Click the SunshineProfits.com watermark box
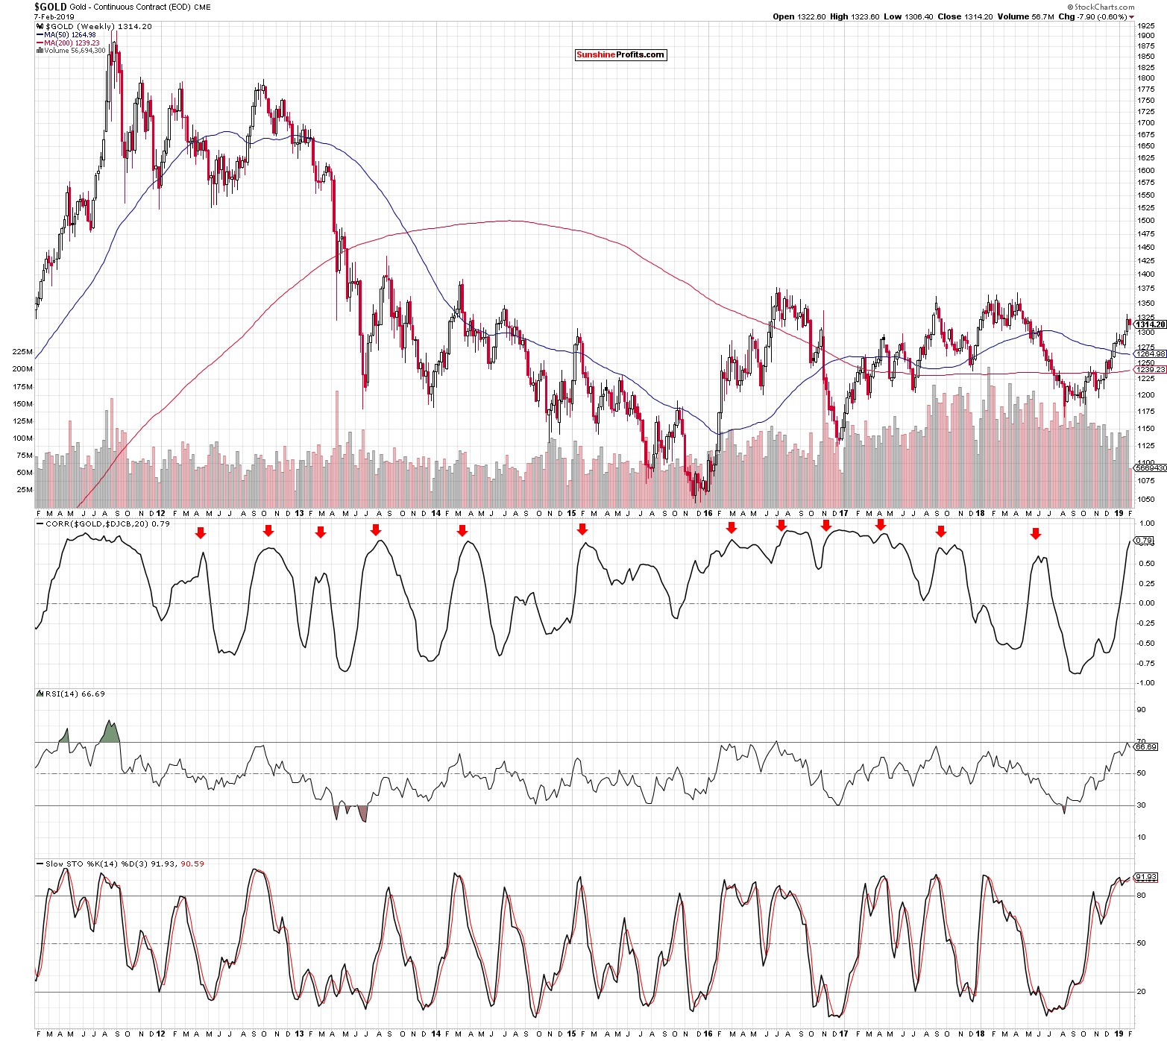click(x=620, y=54)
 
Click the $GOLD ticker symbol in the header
click(x=51, y=7)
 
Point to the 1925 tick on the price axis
click(x=1145, y=25)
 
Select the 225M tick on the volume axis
click(x=22, y=351)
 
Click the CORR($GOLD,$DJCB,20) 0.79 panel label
click(x=107, y=523)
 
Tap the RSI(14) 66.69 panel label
click(x=75, y=694)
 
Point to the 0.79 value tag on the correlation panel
click(x=1144, y=540)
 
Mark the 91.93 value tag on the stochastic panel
click(x=1145, y=877)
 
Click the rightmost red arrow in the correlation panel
click(x=1035, y=534)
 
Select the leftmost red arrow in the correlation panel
click(x=201, y=533)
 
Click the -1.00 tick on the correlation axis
click(x=1146, y=682)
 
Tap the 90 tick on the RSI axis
click(x=1141, y=710)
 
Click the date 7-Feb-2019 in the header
click(x=54, y=16)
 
